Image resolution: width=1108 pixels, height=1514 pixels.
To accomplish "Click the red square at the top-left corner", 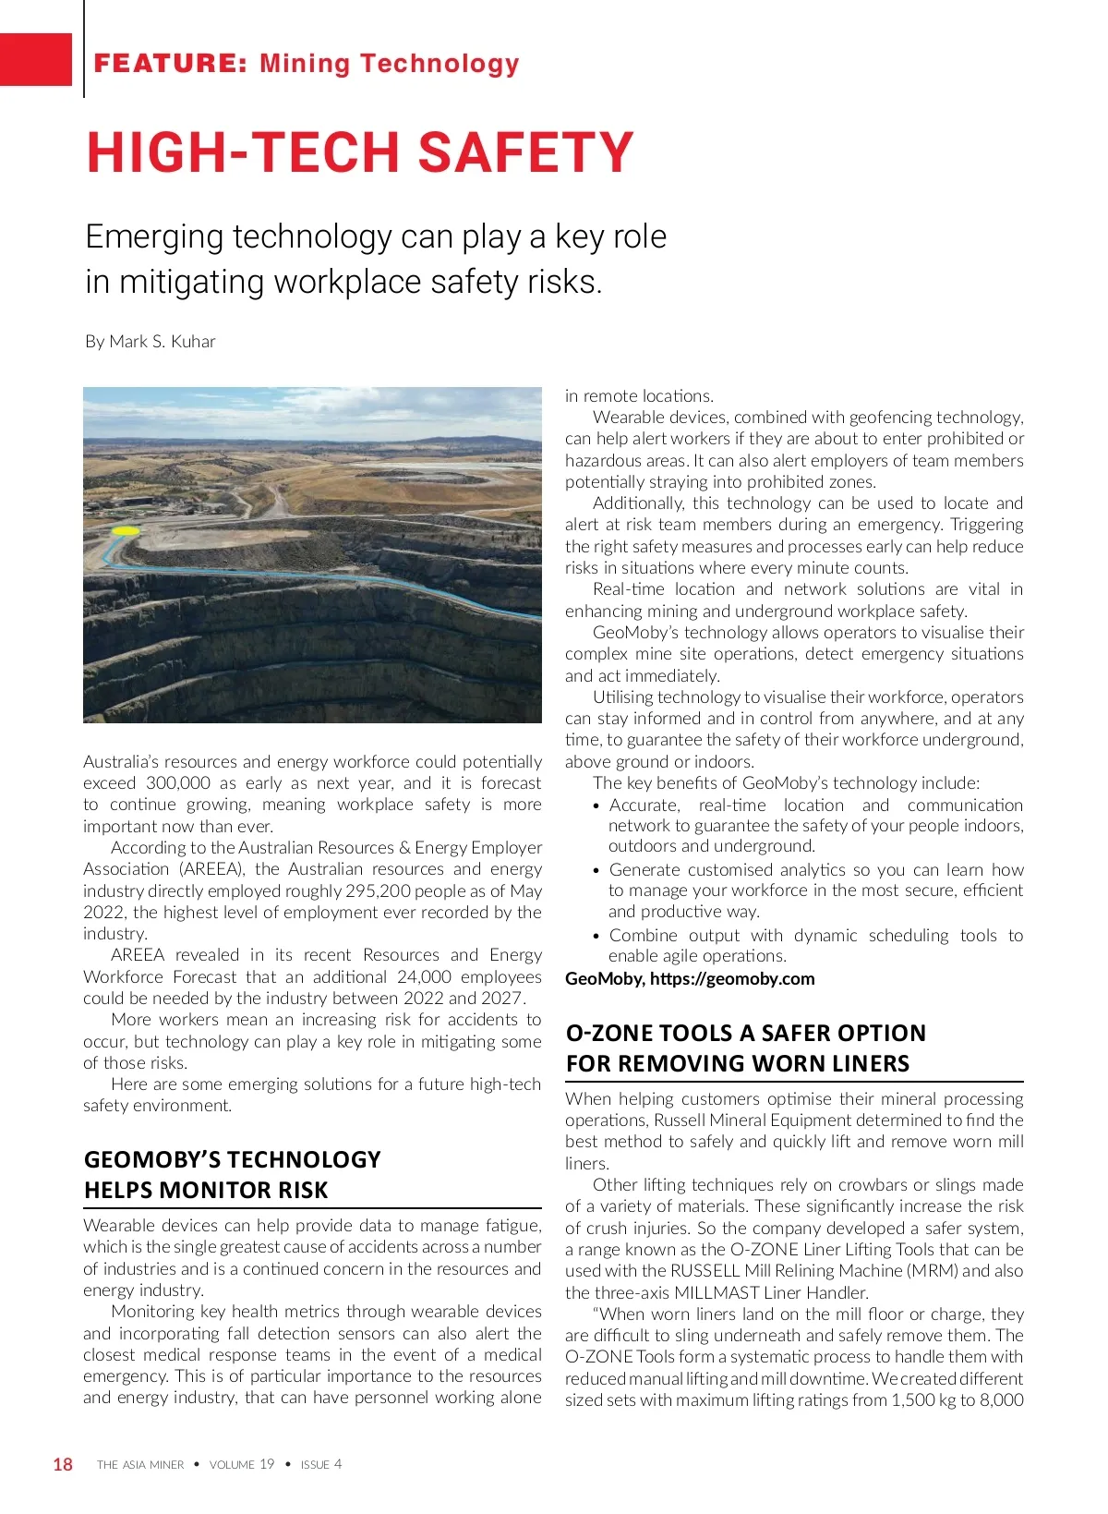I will (35, 59).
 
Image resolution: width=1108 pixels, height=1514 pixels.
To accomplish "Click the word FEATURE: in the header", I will (170, 64).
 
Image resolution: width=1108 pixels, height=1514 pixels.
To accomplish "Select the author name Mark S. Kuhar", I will (163, 342).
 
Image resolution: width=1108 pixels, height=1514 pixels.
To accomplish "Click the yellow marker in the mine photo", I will (125, 532).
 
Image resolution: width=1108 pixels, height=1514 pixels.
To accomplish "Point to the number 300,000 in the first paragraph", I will (178, 783).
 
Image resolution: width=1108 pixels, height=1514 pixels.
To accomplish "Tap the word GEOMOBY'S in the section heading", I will (152, 1160).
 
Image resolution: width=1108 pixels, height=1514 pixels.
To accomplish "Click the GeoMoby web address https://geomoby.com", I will (732, 979).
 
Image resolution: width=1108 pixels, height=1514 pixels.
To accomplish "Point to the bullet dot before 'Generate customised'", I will (597, 871).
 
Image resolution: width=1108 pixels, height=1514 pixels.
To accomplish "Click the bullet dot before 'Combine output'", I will (597, 937).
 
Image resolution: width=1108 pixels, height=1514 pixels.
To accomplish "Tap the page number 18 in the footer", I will (63, 1464).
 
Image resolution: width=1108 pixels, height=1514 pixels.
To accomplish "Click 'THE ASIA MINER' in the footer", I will (140, 1465).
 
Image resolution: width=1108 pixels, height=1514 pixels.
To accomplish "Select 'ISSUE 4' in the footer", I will (321, 1465).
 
